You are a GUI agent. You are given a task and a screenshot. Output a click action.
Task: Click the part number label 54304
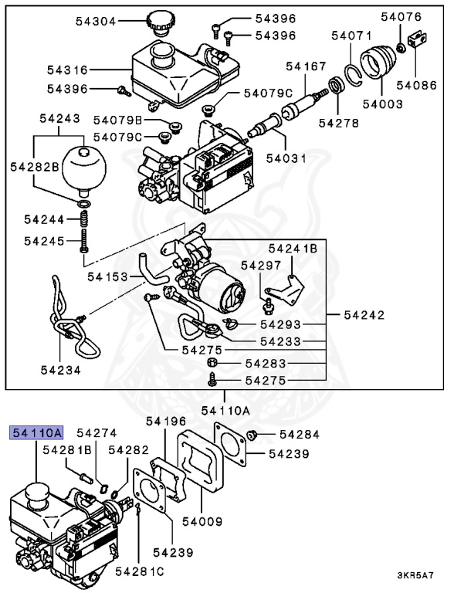[96, 22]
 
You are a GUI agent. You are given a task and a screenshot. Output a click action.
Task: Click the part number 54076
[403, 16]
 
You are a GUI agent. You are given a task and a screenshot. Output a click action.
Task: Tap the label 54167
[306, 67]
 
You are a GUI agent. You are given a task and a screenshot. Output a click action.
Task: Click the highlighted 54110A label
[36, 433]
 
